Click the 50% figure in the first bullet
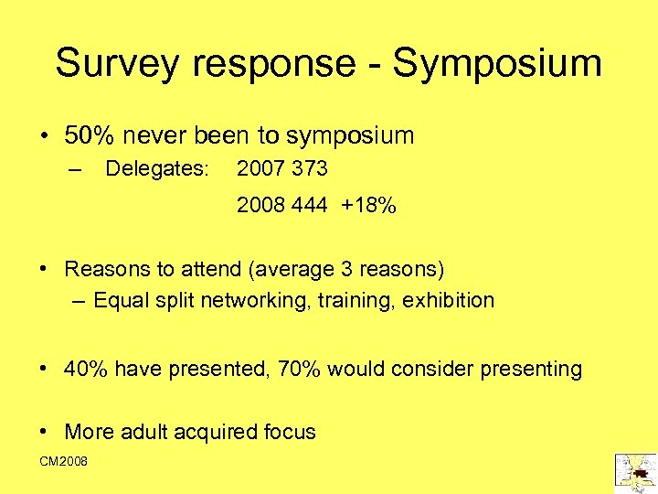coord(90,136)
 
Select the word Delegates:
coord(158,169)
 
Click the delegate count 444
coord(309,206)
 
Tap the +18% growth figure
coord(368,206)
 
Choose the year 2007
coord(260,169)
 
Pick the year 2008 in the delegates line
coord(260,206)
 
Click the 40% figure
coord(85,369)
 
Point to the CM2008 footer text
coord(63,462)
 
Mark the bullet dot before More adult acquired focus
coord(45,432)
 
